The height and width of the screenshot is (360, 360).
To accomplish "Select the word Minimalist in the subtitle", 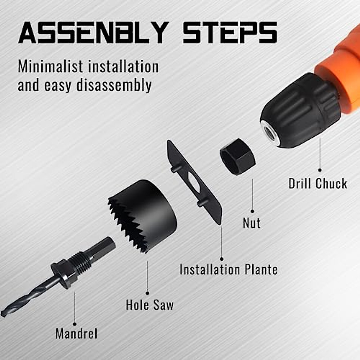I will coord(51,67).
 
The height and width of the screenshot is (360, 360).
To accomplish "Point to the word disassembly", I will coord(114,85).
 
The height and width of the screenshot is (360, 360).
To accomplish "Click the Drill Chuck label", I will coord(318,184).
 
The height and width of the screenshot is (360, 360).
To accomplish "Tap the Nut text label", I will coord(252,223).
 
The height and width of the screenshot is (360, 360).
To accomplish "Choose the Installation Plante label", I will coord(228,269).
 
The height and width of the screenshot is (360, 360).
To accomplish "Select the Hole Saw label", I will coord(149,305).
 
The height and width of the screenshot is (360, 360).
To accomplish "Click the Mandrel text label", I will coord(76,334).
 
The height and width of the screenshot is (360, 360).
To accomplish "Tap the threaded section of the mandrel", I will coord(81,261).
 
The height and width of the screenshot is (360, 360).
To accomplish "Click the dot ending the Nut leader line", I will coord(252,211).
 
